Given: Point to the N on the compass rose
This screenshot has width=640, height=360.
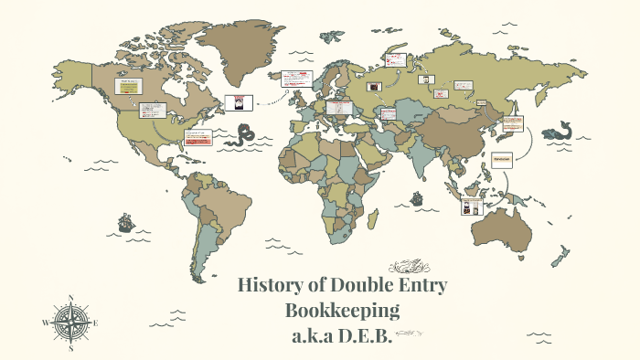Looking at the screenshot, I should pyautogui.click(x=71, y=298).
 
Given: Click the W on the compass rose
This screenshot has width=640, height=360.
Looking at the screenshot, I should pyautogui.click(x=45, y=323).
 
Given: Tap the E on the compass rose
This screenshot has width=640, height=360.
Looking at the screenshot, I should pyautogui.click(x=96, y=323).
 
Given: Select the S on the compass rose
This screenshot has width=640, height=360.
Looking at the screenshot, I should pyautogui.click(x=71, y=348).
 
